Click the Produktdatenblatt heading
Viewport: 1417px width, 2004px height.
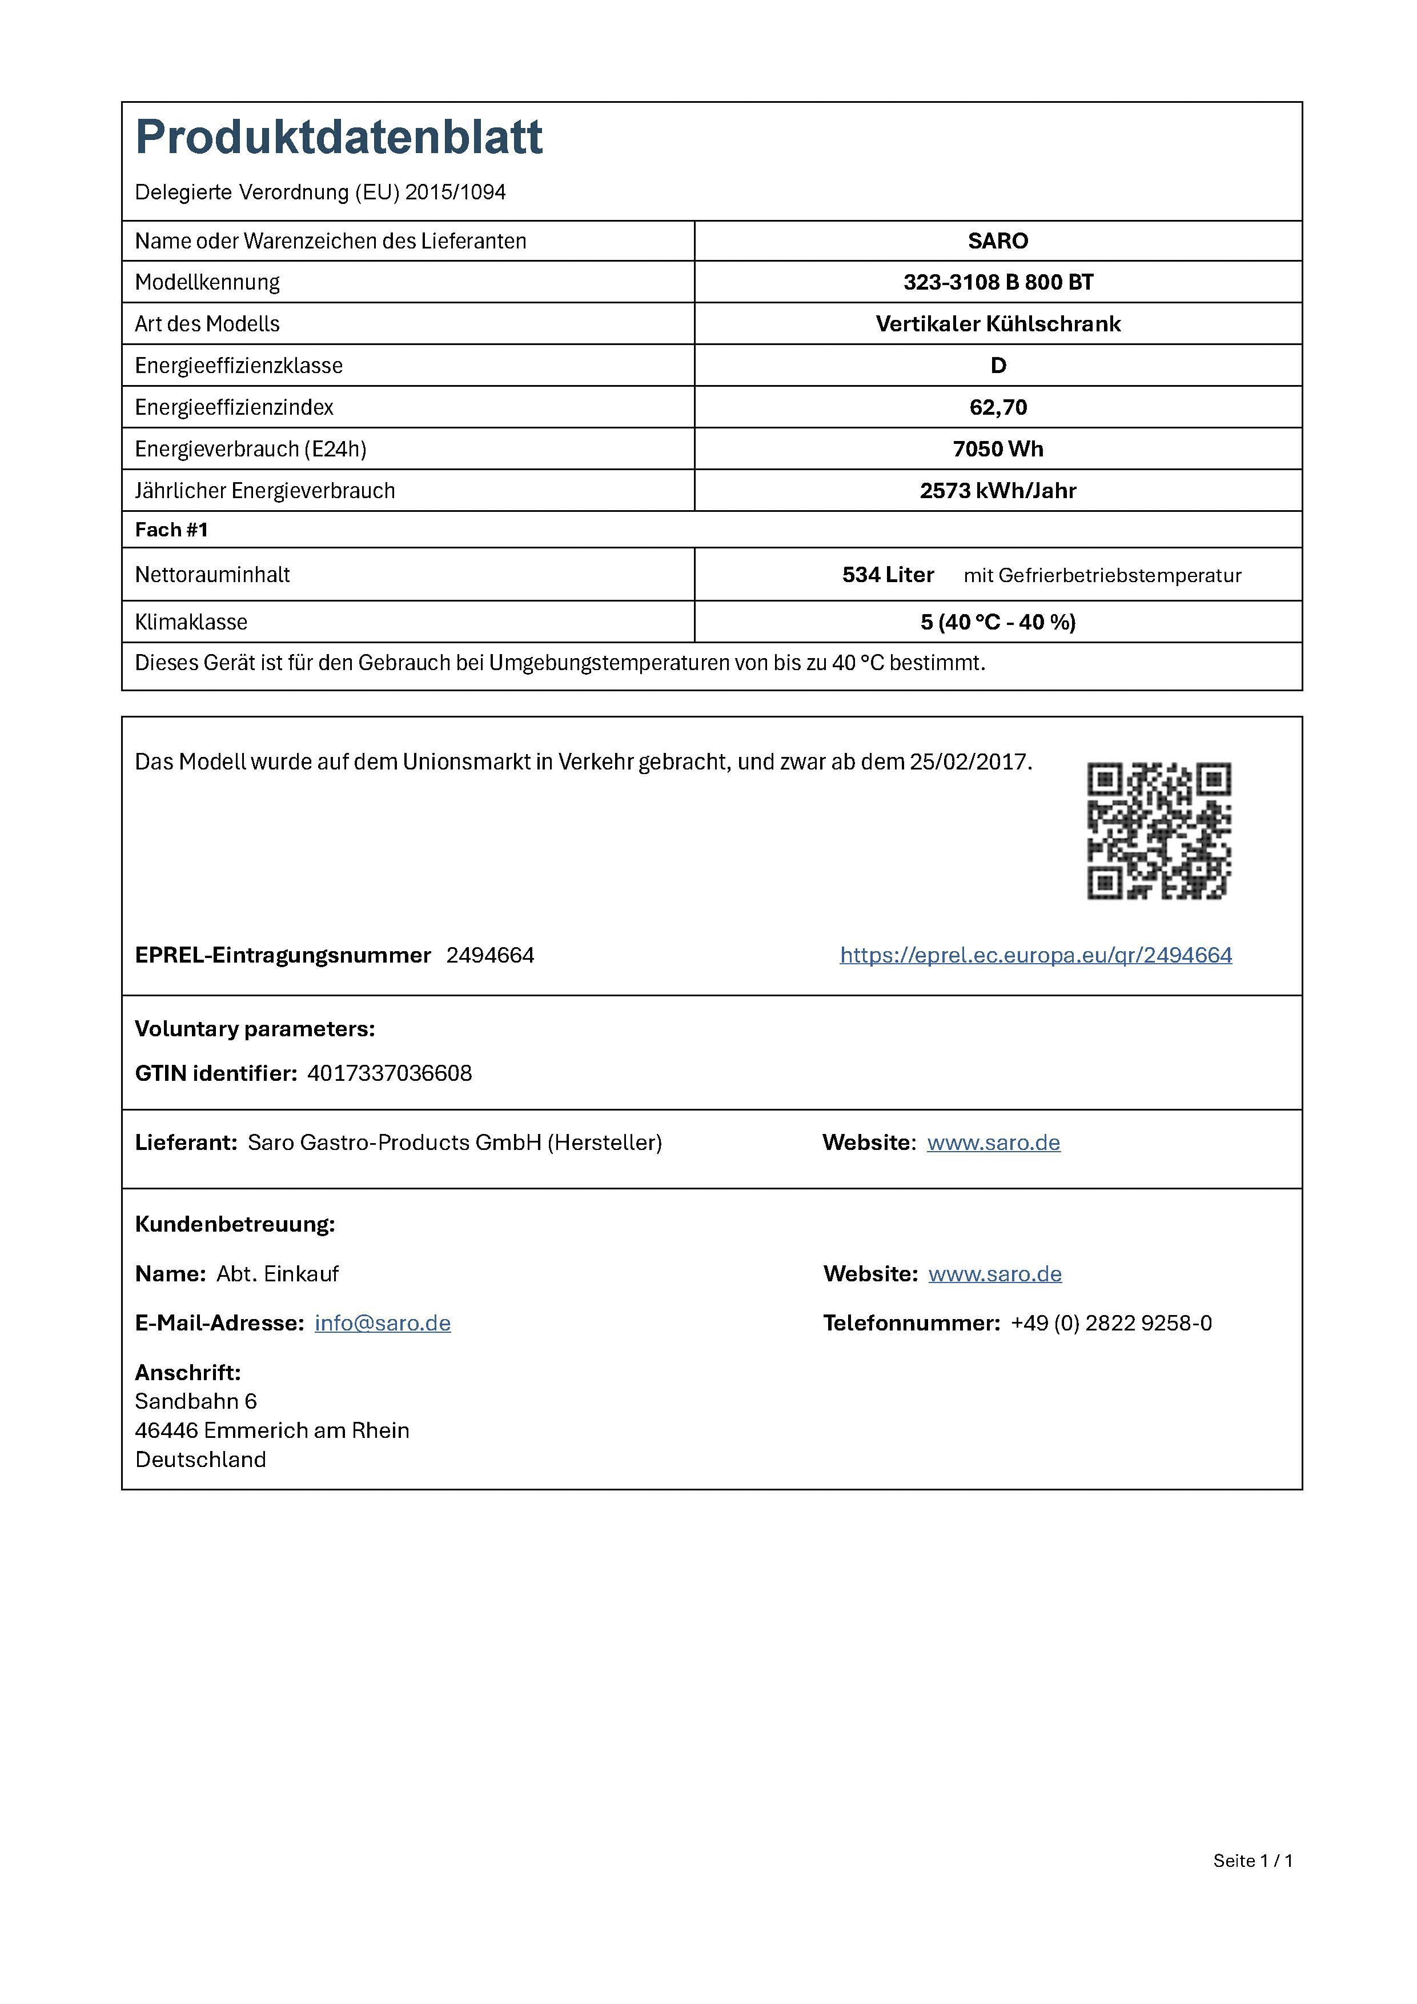tap(339, 138)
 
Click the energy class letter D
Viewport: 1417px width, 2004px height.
tap(998, 366)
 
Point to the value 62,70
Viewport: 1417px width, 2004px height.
tap(998, 408)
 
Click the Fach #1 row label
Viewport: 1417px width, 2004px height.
tap(172, 530)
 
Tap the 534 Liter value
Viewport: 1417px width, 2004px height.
tap(888, 574)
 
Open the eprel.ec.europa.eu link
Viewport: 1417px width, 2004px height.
tap(1035, 955)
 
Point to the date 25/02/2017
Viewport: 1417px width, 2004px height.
tap(969, 762)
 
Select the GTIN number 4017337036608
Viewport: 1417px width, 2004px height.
tap(389, 1073)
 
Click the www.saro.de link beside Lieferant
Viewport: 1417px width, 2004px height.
tap(993, 1143)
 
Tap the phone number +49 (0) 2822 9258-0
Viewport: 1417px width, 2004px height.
tap(1111, 1323)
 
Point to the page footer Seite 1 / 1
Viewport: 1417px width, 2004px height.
tap(1252, 1860)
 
